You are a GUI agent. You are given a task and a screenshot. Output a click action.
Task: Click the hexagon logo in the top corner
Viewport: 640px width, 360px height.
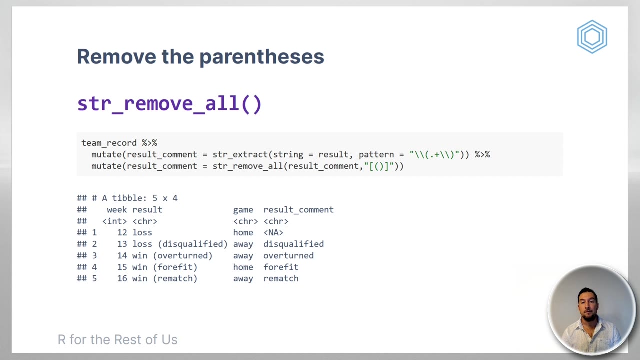pos(592,37)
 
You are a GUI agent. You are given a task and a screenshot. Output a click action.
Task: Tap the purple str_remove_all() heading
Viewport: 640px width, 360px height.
pos(169,104)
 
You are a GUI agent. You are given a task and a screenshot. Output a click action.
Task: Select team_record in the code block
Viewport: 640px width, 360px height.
pos(109,143)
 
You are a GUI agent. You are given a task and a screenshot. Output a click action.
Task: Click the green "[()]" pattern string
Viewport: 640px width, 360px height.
pos(379,166)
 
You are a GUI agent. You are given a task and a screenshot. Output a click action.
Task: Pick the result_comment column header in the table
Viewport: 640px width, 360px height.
pos(298,210)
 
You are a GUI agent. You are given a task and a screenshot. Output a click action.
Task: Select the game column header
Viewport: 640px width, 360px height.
pos(243,210)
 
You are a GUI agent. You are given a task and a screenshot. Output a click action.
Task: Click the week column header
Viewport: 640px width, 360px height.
pos(117,210)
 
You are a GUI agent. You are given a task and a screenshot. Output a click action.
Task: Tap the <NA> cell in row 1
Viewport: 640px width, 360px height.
pos(273,233)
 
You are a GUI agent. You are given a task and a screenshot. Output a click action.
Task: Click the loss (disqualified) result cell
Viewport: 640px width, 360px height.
pos(180,244)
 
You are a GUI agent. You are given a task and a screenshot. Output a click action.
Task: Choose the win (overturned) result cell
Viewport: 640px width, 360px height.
pos(173,255)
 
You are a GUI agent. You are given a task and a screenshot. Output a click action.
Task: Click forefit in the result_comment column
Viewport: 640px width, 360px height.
pos(281,267)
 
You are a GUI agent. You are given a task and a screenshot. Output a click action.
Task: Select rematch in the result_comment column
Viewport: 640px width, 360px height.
pos(281,278)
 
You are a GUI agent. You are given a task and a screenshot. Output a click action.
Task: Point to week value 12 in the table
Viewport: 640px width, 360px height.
pos(122,233)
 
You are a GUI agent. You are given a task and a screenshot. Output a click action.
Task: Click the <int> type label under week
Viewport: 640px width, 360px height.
pos(115,221)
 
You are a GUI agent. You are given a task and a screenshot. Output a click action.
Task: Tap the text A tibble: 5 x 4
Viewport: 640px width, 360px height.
pos(140,198)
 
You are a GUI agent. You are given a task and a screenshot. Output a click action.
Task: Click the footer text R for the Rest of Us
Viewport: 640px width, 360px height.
pos(117,340)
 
